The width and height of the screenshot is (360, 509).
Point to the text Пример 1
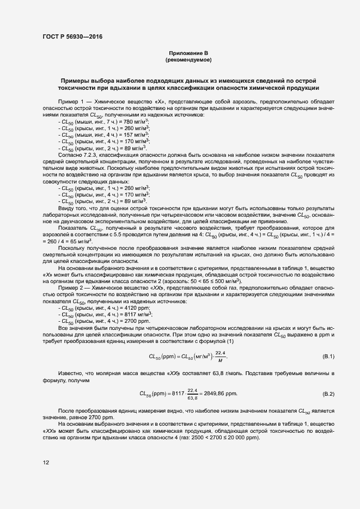coord(71,102)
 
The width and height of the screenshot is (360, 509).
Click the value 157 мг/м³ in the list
coord(138,134)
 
